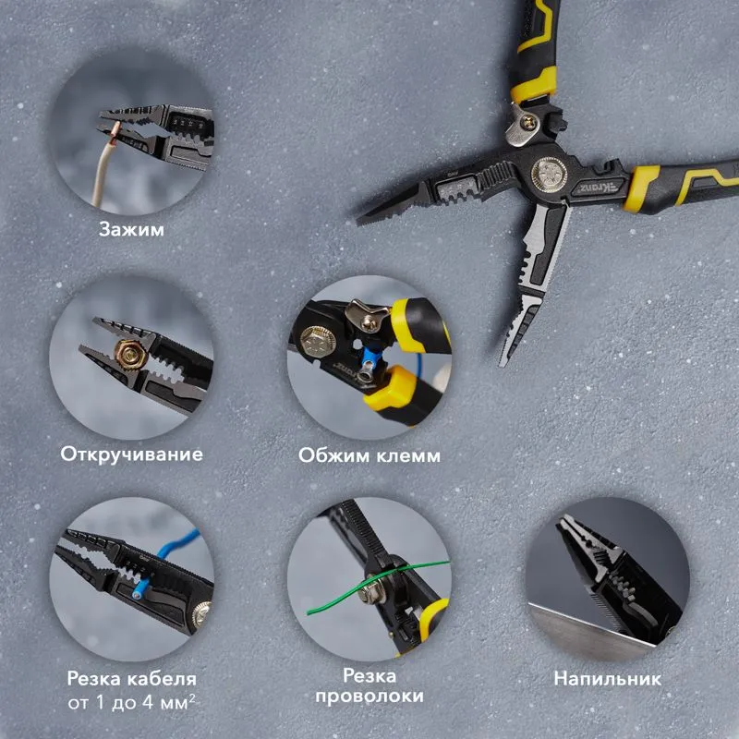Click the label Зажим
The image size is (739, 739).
(132, 228)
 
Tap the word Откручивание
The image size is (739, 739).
(132, 454)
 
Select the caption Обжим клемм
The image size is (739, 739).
(369, 455)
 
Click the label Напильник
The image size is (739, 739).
(607, 679)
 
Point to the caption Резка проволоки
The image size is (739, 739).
(369, 686)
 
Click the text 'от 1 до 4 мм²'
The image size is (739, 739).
(132, 704)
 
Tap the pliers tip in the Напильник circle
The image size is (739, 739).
(563, 523)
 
